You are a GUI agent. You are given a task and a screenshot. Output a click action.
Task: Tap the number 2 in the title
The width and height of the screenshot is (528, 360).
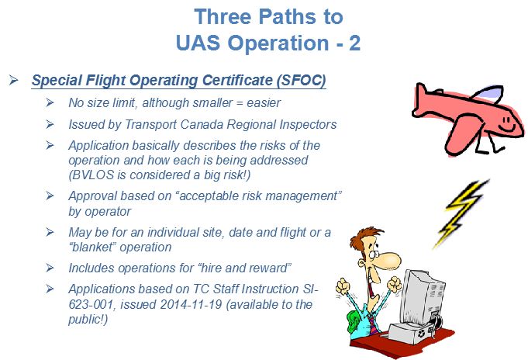click(354, 43)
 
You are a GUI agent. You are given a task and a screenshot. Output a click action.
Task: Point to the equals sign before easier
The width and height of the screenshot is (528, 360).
click(240, 103)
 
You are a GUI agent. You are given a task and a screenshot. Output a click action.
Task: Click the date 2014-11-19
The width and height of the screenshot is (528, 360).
click(191, 304)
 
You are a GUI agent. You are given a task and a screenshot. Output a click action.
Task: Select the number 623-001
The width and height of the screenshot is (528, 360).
click(91, 304)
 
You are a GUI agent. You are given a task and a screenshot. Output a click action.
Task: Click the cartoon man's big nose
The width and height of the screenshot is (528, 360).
click(389, 259)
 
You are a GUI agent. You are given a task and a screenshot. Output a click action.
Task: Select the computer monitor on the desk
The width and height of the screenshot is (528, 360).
click(423, 298)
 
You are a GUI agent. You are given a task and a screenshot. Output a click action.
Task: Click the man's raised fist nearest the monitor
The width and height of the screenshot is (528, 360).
click(394, 284)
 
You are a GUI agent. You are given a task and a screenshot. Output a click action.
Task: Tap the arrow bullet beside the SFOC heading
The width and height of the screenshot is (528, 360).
click(14, 80)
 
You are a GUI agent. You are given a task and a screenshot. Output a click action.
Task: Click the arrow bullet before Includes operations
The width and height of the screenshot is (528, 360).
click(50, 268)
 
